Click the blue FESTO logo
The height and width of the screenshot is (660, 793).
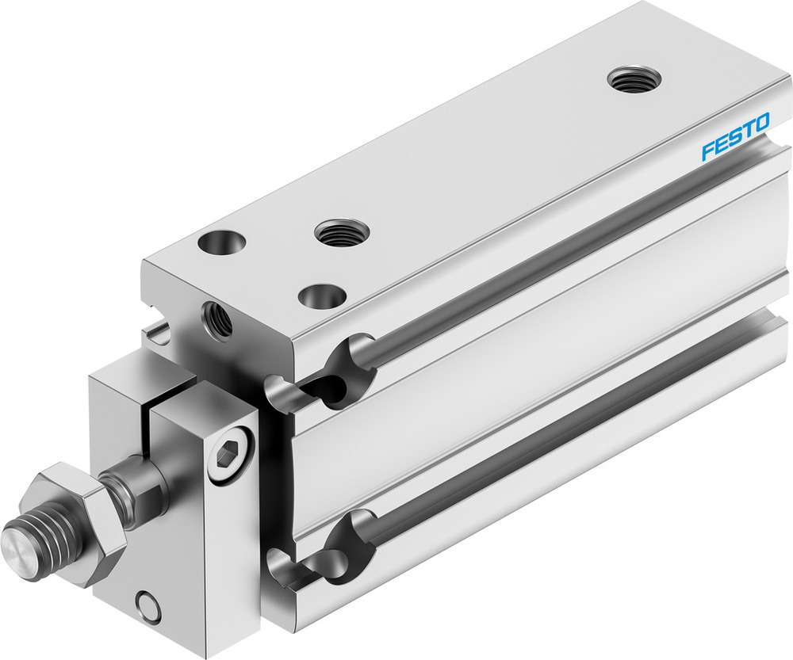(x=735, y=137)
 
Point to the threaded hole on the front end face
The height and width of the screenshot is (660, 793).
(x=217, y=318)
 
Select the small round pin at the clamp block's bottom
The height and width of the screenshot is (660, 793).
(x=147, y=605)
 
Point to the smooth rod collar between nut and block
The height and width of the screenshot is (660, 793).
(x=135, y=487)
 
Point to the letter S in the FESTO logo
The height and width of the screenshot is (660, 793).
(x=735, y=137)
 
